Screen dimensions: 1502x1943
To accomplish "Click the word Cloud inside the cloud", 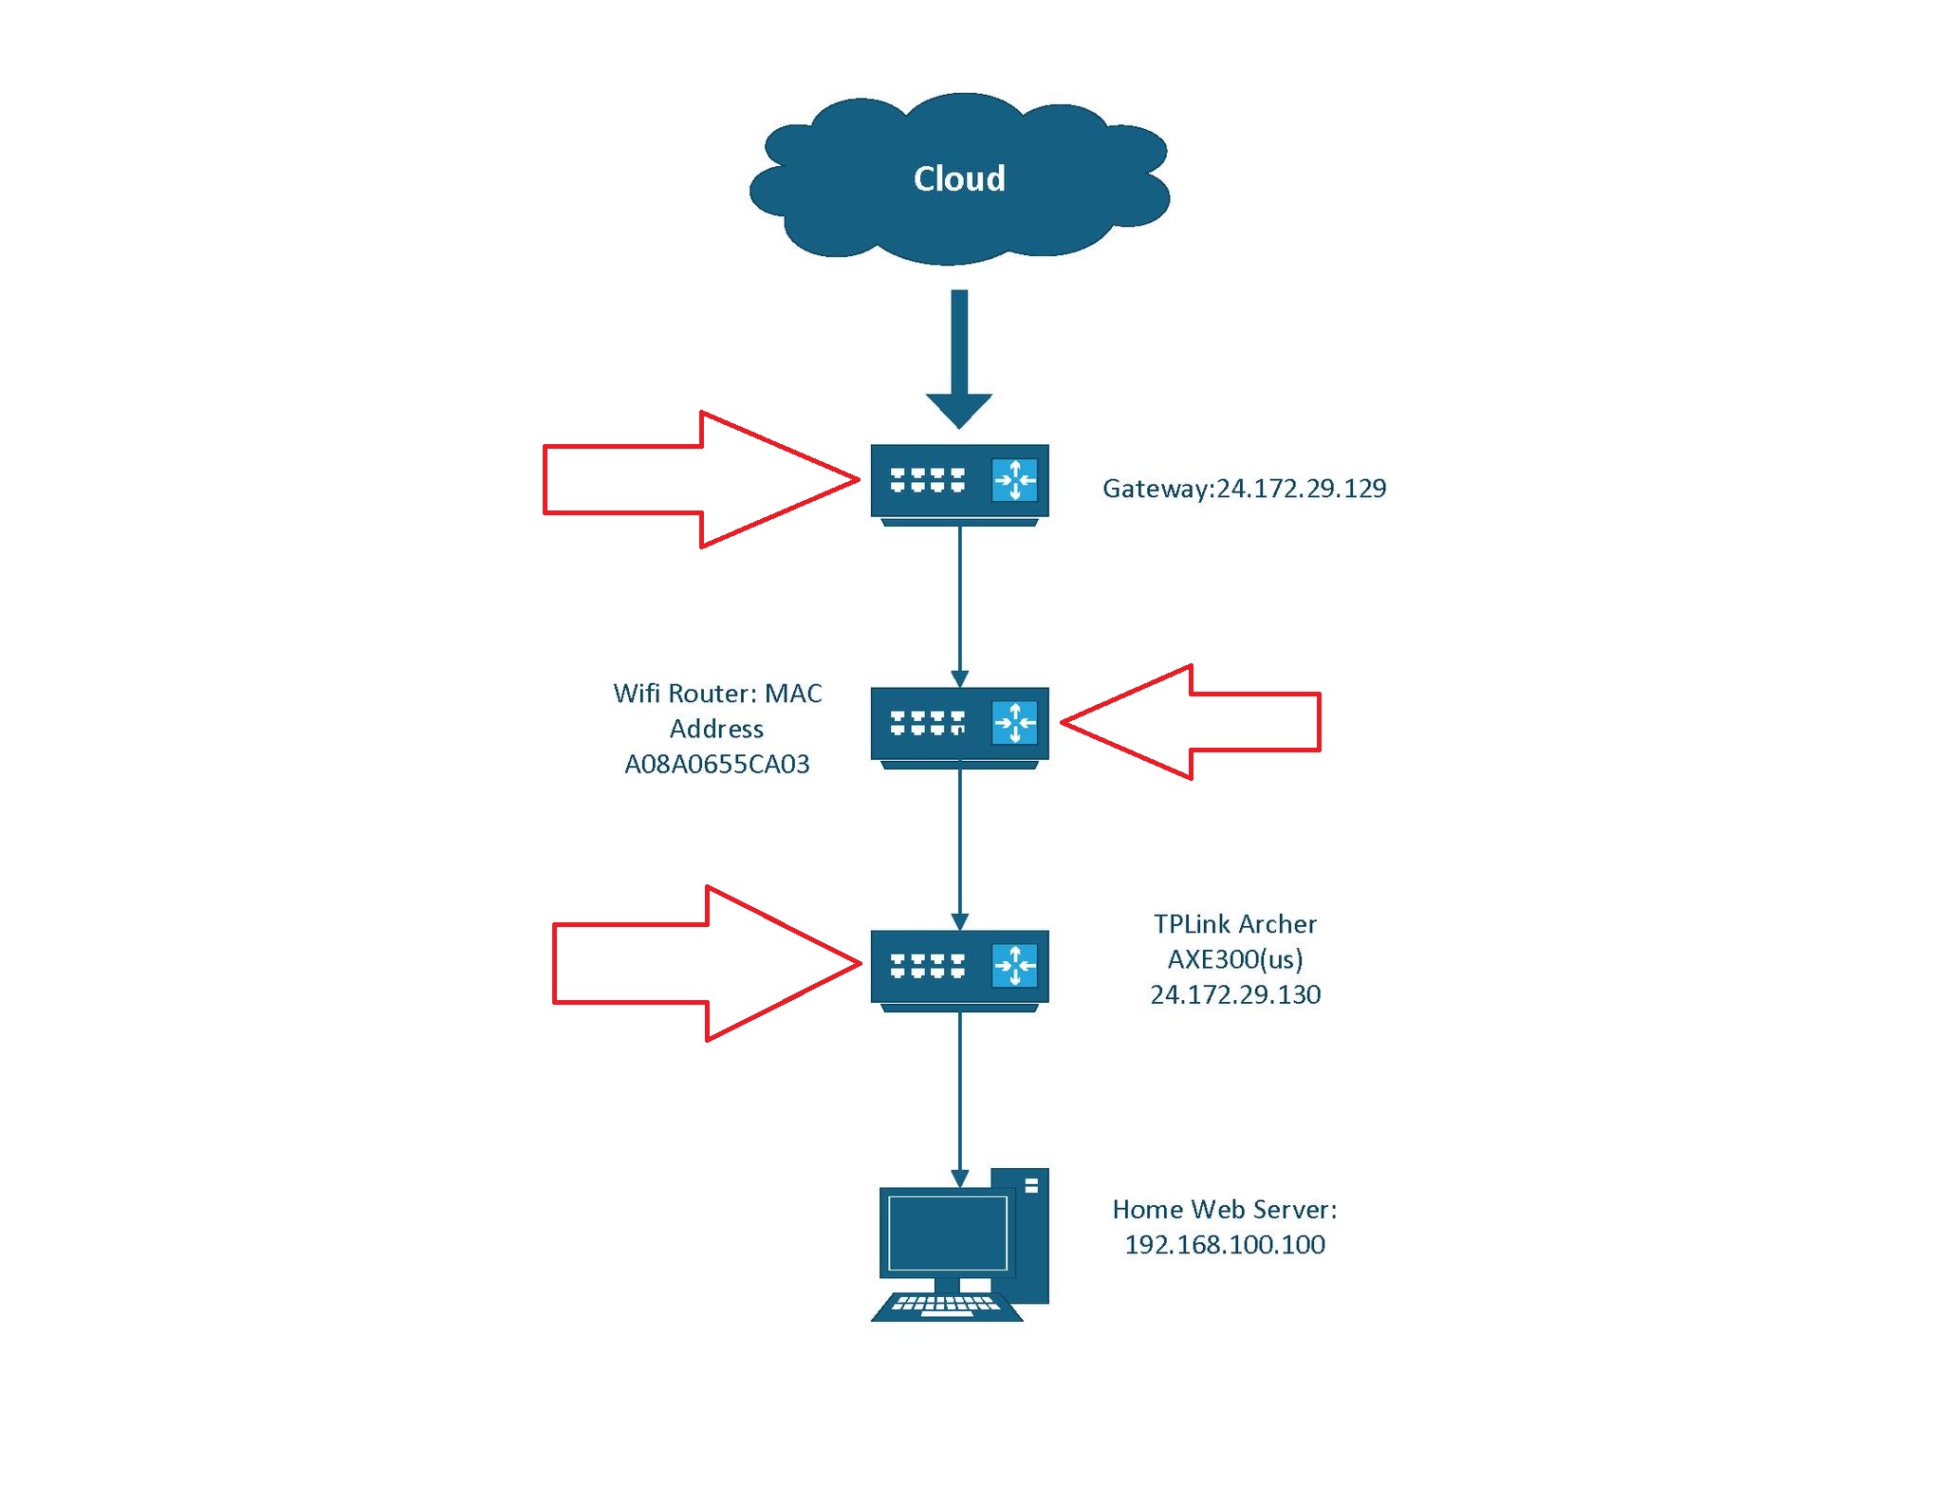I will coord(958,178).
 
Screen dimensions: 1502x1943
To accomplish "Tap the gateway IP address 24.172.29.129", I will coord(1301,488).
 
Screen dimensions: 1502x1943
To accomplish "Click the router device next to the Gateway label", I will coord(959,482).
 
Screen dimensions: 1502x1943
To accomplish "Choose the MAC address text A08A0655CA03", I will coord(716,764).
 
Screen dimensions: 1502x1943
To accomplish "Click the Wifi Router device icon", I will coord(959,725).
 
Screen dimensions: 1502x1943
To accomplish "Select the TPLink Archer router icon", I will coord(959,968).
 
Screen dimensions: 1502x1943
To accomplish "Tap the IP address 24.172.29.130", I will coord(1235,994).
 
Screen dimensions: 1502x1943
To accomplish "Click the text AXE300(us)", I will coord(1235,959).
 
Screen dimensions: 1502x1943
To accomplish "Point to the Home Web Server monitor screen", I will coord(946,1232).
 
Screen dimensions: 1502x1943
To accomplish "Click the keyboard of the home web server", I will coord(946,1306).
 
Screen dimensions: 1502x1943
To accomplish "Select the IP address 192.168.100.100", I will coord(1224,1244).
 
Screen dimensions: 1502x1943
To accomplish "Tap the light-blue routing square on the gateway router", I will coord(1014,480).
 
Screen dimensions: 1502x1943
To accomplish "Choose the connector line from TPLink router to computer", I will coord(959,1091).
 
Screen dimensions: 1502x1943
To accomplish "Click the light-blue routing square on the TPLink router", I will coord(1014,966).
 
